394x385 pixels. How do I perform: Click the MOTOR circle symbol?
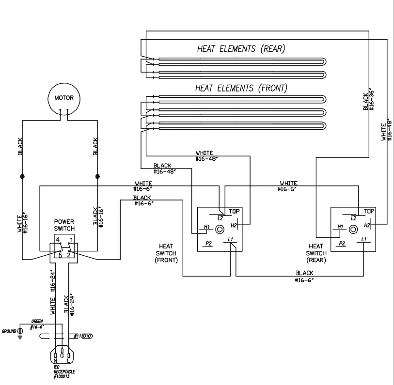[63, 98]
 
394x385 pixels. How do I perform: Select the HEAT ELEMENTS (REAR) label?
[240, 49]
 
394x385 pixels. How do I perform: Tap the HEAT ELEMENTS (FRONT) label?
[241, 88]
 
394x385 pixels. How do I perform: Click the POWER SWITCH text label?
[64, 224]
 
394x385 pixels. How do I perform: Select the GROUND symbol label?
[9, 331]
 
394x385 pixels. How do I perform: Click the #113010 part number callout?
[84, 336]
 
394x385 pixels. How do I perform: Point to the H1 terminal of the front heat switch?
[206, 227]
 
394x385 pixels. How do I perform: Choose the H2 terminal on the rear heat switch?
[367, 225]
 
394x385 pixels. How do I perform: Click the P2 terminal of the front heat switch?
[209, 244]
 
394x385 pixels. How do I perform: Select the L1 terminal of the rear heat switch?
[363, 240]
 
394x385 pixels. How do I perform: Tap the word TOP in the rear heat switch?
[369, 211]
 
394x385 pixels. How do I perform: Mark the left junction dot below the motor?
[22, 176]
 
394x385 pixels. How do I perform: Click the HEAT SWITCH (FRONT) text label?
[166, 253]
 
